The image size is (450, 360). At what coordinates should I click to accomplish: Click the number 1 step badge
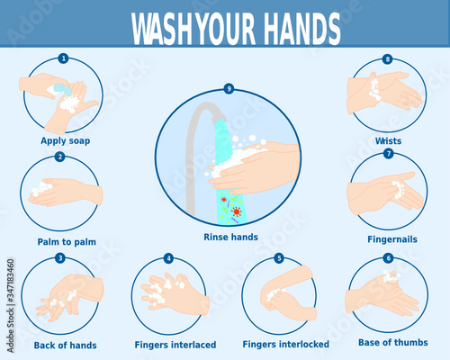pos(63,58)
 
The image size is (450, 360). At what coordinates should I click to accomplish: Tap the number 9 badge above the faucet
pos(229,89)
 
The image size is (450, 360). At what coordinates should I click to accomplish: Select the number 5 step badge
pos(279,258)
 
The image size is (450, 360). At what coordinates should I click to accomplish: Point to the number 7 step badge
pos(389,154)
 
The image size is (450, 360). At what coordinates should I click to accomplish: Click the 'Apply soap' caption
pos(66,141)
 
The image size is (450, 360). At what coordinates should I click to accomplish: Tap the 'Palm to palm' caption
pos(67,242)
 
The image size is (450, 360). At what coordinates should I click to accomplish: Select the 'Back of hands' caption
pos(65,346)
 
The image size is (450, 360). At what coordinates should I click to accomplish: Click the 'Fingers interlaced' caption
pos(175,345)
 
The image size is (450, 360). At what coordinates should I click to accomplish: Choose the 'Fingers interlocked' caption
pos(285,344)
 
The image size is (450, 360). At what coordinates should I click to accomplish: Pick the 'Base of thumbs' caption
pos(393,342)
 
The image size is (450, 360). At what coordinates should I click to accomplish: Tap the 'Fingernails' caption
pos(392,239)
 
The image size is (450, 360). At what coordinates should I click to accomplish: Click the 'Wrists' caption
pos(388,141)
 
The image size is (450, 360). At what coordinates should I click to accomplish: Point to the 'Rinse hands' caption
pos(230,237)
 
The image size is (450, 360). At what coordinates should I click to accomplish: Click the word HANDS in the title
pos(301,29)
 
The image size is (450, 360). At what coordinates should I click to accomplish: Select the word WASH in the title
pos(161,29)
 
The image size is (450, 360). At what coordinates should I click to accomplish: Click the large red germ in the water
pos(237,211)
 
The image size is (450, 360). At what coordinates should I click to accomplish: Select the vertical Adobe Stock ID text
pos(11,306)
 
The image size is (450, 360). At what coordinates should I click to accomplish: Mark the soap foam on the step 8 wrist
pos(374,89)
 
